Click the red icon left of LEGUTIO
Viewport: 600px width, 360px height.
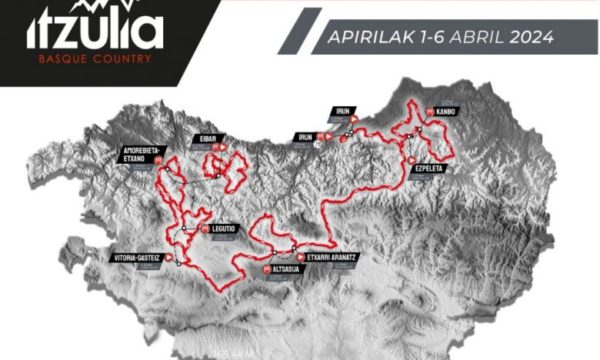click(x=206, y=229)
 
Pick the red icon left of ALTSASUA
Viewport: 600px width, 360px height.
click(x=266, y=268)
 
